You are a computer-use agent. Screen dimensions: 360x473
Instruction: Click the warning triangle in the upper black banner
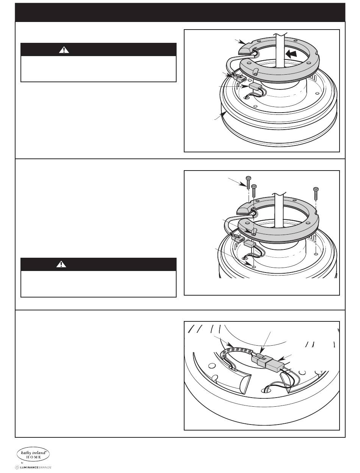tap(64, 50)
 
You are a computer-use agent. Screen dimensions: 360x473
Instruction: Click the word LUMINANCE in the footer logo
tap(29, 467)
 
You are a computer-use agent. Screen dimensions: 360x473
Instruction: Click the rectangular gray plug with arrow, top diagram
tap(255, 86)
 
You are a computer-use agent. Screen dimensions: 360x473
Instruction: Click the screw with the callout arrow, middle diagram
tap(249, 183)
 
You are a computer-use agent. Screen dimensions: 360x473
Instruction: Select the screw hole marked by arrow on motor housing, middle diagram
tap(254, 267)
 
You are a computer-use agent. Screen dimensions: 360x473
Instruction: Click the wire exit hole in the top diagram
tap(247, 98)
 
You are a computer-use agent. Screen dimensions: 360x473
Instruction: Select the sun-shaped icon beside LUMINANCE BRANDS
tap(17, 467)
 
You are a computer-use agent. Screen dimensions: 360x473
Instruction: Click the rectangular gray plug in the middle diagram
tap(250, 243)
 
